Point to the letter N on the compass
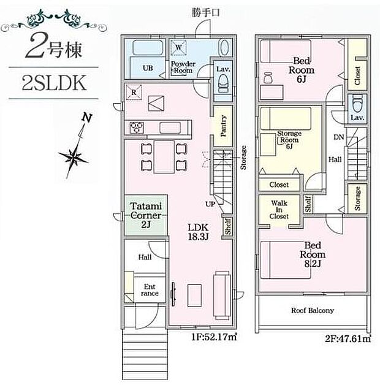click(x=88, y=118)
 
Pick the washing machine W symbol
click(x=178, y=47)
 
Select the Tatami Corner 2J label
click(x=146, y=212)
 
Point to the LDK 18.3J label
click(x=199, y=231)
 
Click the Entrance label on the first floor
click(x=150, y=290)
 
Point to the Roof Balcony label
click(x=313, y=310)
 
